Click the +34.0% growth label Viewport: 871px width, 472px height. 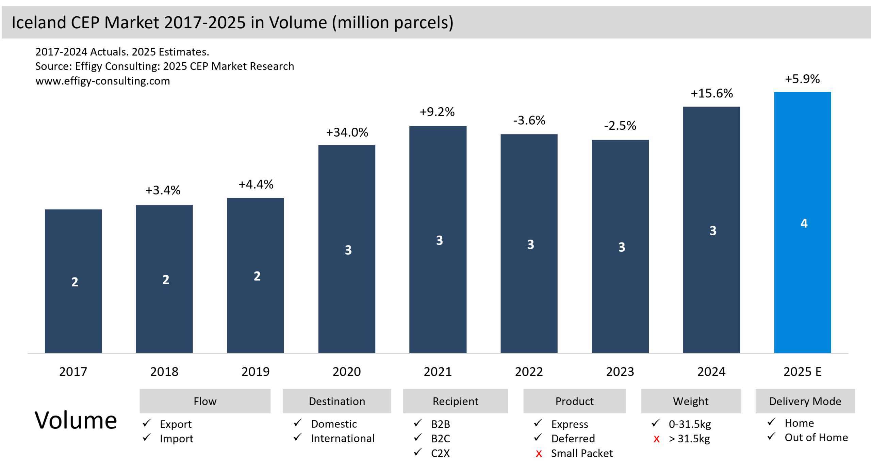347,132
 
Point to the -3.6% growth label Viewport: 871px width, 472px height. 529,120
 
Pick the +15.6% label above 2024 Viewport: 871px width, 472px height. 711,93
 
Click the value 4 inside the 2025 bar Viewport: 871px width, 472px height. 804,223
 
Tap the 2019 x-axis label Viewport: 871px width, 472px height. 255,372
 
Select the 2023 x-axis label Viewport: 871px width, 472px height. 620,372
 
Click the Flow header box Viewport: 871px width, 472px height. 205,401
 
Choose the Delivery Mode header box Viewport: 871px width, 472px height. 805,401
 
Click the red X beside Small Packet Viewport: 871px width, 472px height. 539,454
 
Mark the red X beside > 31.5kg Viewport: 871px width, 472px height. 656,439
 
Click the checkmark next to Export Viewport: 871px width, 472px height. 147,423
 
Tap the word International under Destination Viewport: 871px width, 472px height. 343,438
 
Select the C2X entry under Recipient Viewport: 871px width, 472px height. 440,453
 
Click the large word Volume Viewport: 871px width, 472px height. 76,421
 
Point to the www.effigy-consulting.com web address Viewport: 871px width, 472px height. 102,81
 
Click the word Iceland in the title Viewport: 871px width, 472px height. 39,23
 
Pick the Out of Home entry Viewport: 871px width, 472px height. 816,438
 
